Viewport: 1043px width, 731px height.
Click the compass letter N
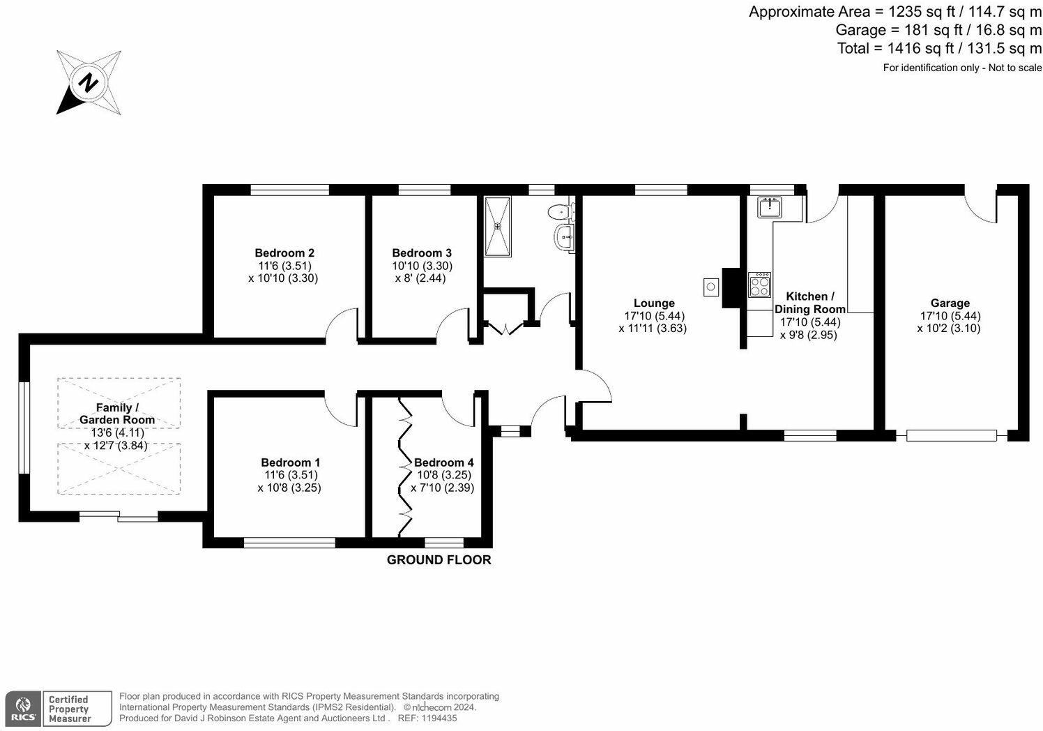point(88,82)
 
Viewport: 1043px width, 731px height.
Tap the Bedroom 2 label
point(284,253)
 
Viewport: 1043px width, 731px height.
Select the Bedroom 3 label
point(422,253)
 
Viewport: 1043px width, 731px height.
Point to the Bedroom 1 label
point(291,462)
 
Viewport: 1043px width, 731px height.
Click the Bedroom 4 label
point(444,462)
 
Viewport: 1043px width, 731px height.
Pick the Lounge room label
point(654,303)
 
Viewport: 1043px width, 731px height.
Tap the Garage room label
point(950,303)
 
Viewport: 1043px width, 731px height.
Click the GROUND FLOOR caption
point(439,559)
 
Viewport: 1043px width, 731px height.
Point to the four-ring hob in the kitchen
point(759,285)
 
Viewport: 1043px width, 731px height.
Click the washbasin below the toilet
point(563,237)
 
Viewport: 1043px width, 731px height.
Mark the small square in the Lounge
point(711,287)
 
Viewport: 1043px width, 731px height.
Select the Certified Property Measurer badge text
point(68,709)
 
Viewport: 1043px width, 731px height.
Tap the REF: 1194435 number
point(427,718)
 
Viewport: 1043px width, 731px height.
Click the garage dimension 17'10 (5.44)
point(950,316)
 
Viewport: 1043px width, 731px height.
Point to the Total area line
point(939,48)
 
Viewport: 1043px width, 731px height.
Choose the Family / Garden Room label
point(117,414)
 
